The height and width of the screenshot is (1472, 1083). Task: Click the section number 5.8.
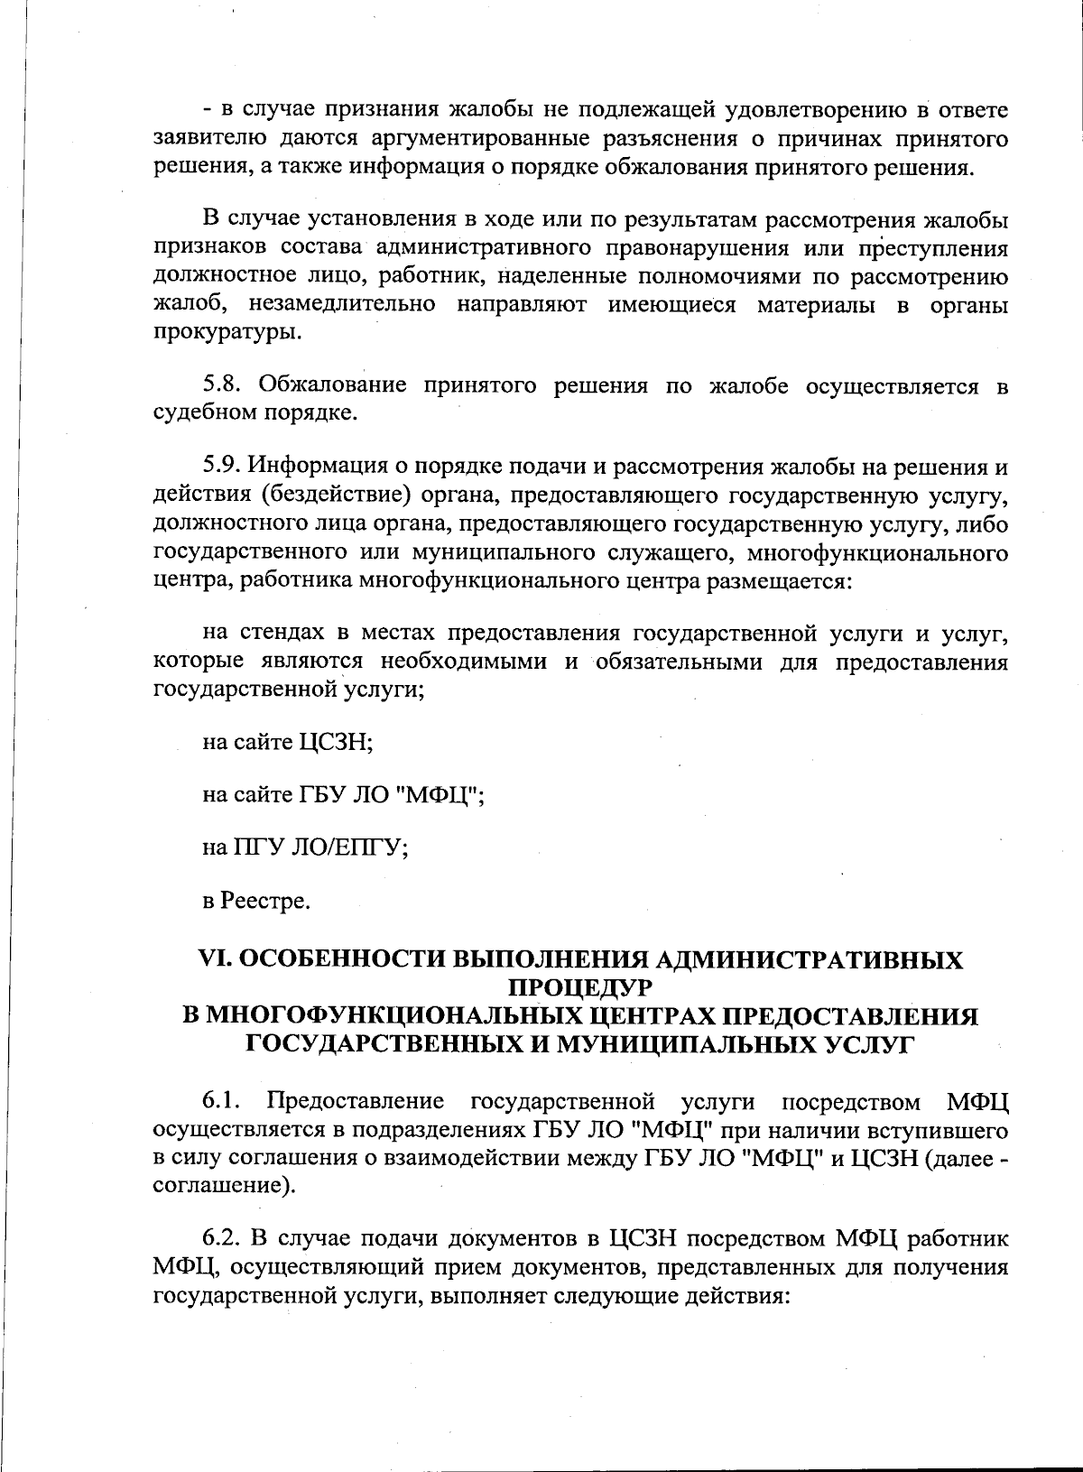[x=222, y=385]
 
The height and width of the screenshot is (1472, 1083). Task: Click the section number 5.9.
[x=222, y=467]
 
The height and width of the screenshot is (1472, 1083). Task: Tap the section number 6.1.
[x=222, y=1101]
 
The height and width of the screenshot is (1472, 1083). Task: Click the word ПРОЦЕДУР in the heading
[x=579, y=987]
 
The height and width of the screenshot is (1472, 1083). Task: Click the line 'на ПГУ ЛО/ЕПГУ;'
[x=304, y=847]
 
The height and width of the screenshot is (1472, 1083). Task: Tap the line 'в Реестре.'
[x=256, y=901]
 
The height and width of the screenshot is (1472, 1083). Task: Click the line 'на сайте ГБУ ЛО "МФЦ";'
[x=343, y=795]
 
